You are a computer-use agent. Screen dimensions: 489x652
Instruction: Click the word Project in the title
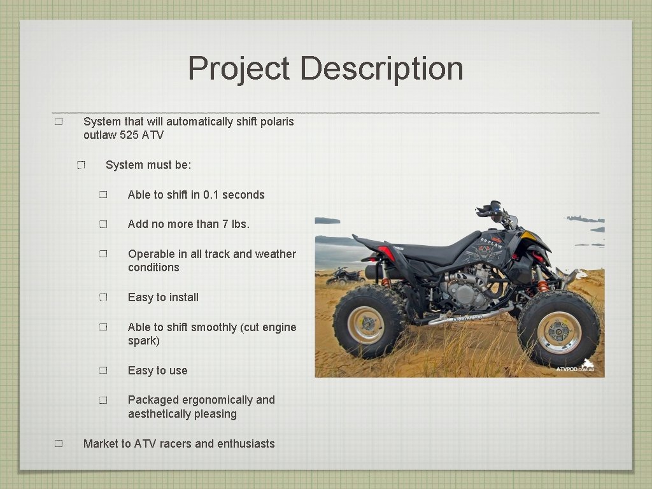(239, 69)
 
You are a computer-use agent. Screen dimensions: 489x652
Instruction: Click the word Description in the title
(382, 69)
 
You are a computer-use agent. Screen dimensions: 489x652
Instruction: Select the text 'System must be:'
(148, 165)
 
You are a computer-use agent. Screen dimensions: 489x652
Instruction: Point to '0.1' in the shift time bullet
(211, 195)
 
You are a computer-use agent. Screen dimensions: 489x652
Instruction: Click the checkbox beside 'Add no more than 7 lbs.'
(104, 225)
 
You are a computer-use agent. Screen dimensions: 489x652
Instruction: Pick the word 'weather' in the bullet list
(275, 254)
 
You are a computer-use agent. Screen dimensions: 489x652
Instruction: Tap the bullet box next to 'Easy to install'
(104, 297)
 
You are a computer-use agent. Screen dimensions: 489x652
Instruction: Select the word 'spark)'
(143, 341)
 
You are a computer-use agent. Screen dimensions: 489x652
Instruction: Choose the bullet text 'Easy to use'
(157, 371)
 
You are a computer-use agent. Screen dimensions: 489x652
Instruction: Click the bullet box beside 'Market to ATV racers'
(59, 444)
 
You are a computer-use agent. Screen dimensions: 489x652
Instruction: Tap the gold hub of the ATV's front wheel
(559, 331)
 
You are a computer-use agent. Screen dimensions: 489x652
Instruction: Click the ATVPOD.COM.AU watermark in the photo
(575, 369)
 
